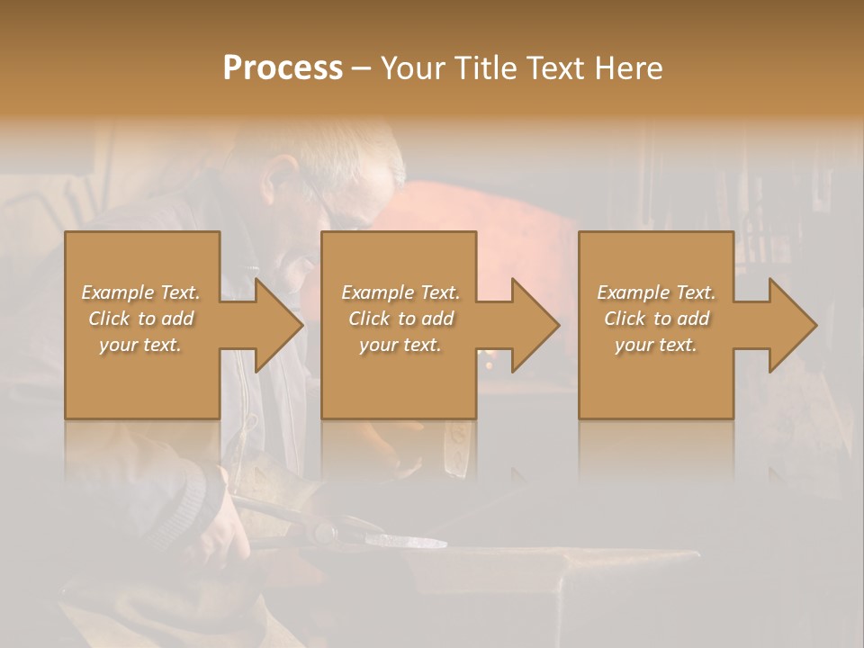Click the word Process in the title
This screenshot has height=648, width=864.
283,68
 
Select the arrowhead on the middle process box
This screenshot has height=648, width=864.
536,325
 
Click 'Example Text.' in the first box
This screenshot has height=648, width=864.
140,292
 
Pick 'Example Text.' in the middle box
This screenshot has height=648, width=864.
400,292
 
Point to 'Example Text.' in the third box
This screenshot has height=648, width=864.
656,292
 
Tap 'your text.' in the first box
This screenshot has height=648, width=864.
140,345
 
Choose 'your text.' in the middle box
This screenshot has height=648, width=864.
400,345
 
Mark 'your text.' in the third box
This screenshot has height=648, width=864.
656,345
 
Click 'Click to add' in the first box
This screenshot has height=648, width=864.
140,319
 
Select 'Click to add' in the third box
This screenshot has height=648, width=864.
656,319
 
